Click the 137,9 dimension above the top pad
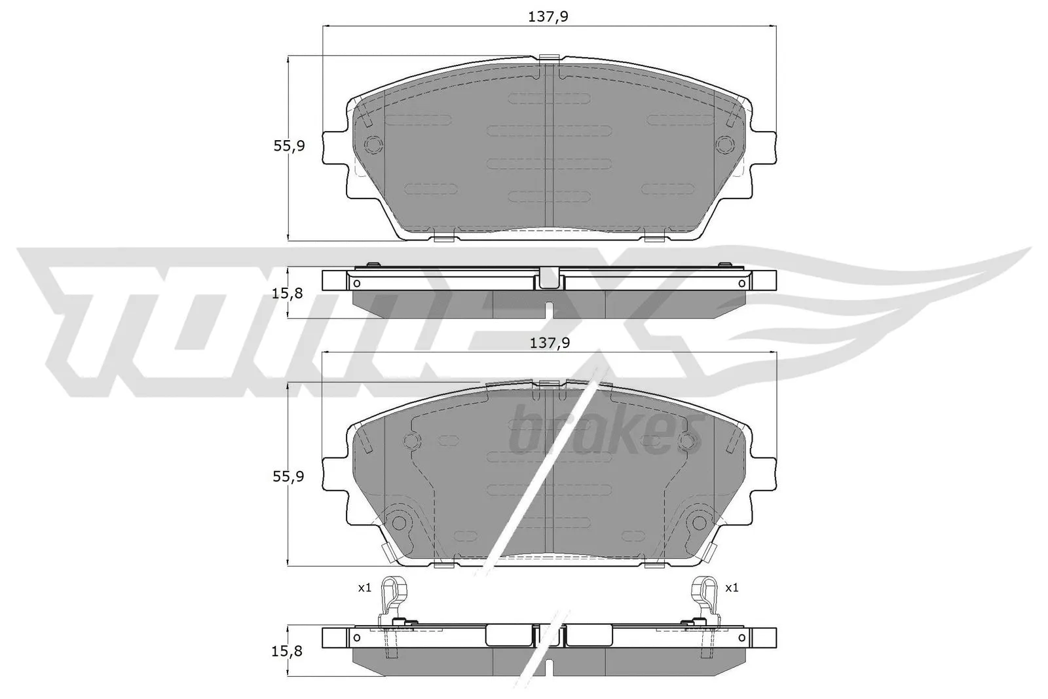pyautogui.click(x=548, y=17)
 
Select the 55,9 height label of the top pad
pyautogui.click(x=289, y=146)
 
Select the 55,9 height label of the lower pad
pyautogui.click(x=289, y=477)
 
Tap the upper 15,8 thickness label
pyautogui.click(x=288, y=293)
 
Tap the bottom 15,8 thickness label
pyautogui.click(x=288, y=652)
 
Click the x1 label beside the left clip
pyautogui.click(x=365, y=588)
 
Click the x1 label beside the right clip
pyautogui.click(x=732, y=588)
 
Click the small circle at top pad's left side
pyautogui.click(x=373, y=144)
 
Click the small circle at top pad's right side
pyautogui.click(x=725, y=144)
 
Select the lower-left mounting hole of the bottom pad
pyautogui.click(x=398, y=521)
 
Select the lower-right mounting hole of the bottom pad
pyautogui.click(x=699, y=521)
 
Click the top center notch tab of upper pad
pyautogui.click(x=549, y=60)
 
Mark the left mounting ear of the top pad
pyautogui.click(x=335, y=147)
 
